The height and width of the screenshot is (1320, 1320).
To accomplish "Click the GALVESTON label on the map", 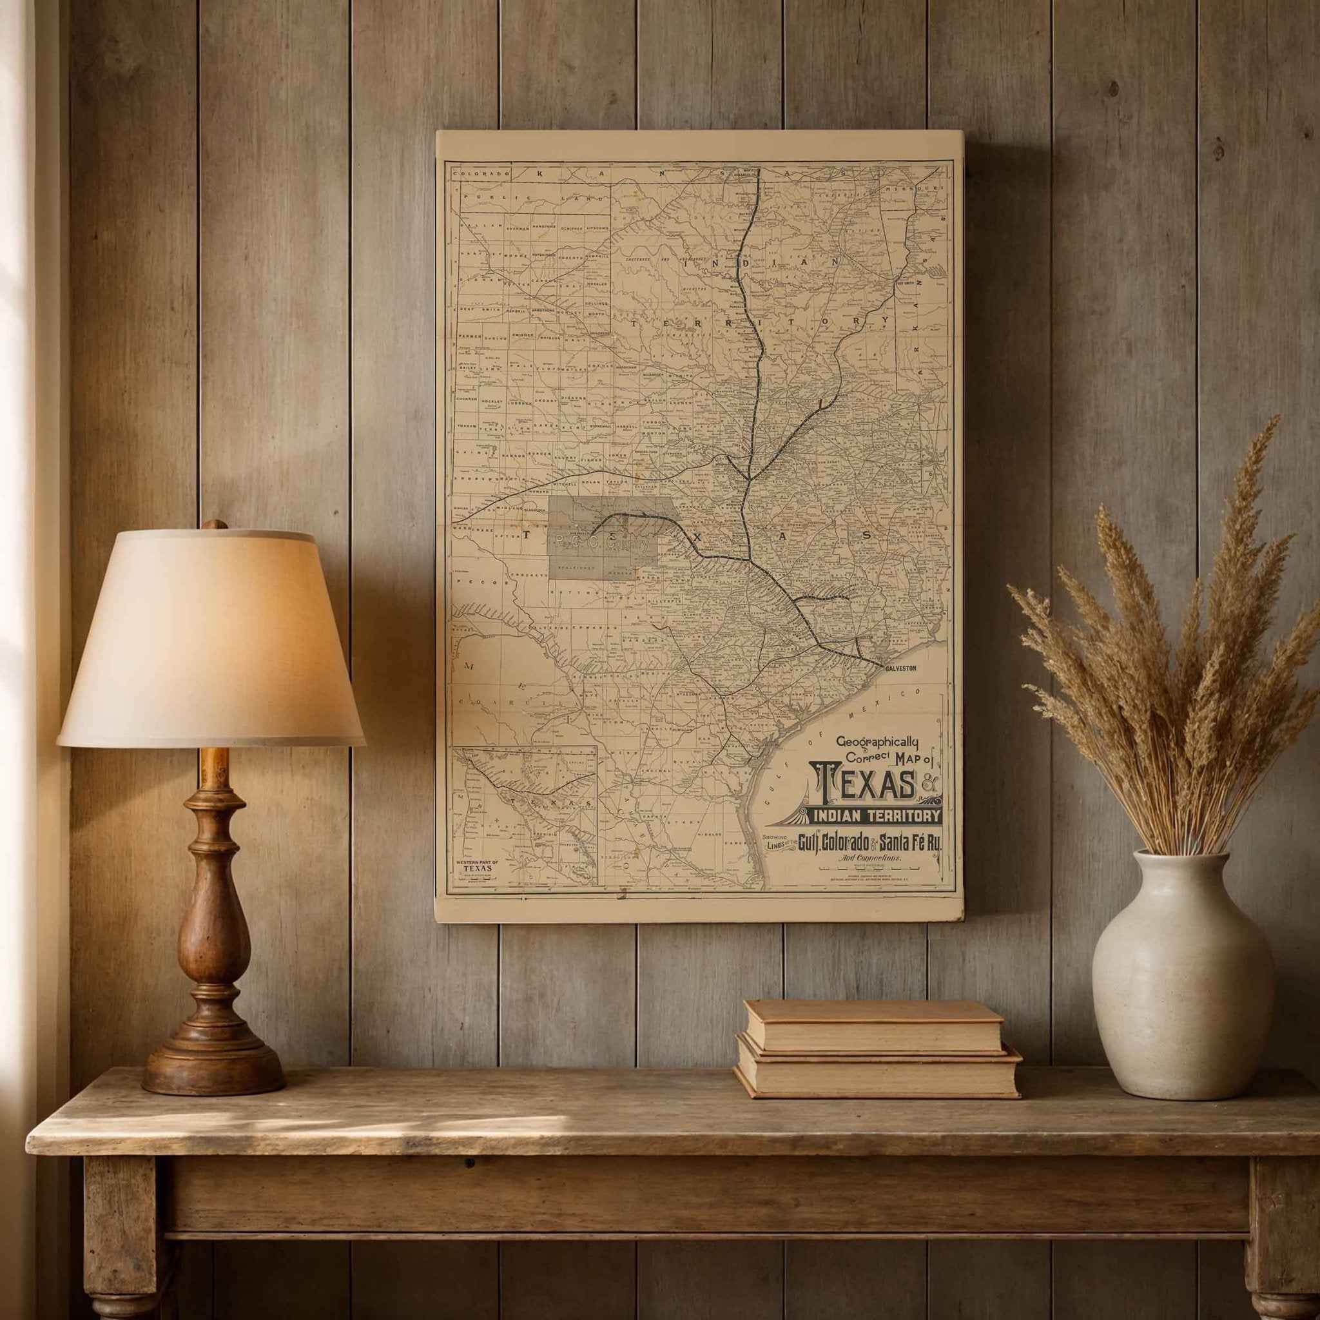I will (900, 668).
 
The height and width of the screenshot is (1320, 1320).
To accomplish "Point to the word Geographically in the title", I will (877, 741).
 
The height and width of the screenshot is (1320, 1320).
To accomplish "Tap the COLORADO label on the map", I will (481, 173).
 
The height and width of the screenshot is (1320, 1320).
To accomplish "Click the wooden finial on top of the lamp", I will (215, 525).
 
